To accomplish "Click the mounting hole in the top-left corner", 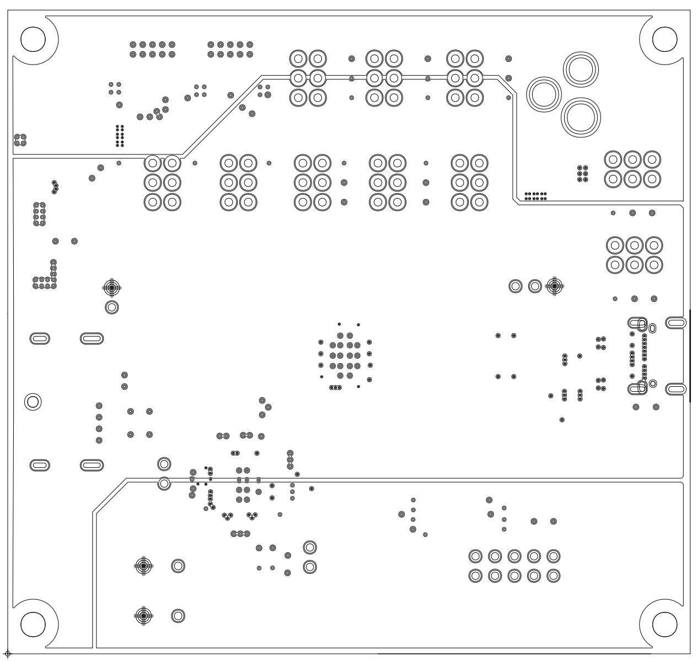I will pyautogui.click(x=33, y=38).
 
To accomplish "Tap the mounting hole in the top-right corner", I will pyautogui.click(x=664, y=38).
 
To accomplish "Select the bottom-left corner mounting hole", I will pyautogui.click(x=33, y=623).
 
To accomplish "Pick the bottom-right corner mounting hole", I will pyautogui.click(x=664, y=623).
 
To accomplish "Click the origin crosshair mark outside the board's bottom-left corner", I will pyautogui.click(x=7, y=654).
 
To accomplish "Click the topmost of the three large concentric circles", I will pyautogui.click(x=580, y=70).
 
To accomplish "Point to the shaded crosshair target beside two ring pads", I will pyautogui.click(x=554, y=286).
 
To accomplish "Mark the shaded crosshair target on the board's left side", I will pyautogui.click(x=112, y=287).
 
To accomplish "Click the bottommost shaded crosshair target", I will pyautogui.click(x=143, y=615).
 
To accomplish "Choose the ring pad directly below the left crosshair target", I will pyautogui.click(x=112, y=307).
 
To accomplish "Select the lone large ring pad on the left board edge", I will pyautogui.click(x=33, y=401).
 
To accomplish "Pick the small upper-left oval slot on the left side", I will pyautogui.click(x=39, y=338).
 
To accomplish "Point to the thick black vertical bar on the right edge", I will pyautogui.click(x=690, y=355).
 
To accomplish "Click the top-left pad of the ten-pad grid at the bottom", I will pyautogui.click(x=475, y=556).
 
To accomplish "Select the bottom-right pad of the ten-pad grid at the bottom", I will pyautogui.click(x=554, y=576).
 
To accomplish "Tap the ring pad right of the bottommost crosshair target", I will pyautogui.click(x=178, y=616).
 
